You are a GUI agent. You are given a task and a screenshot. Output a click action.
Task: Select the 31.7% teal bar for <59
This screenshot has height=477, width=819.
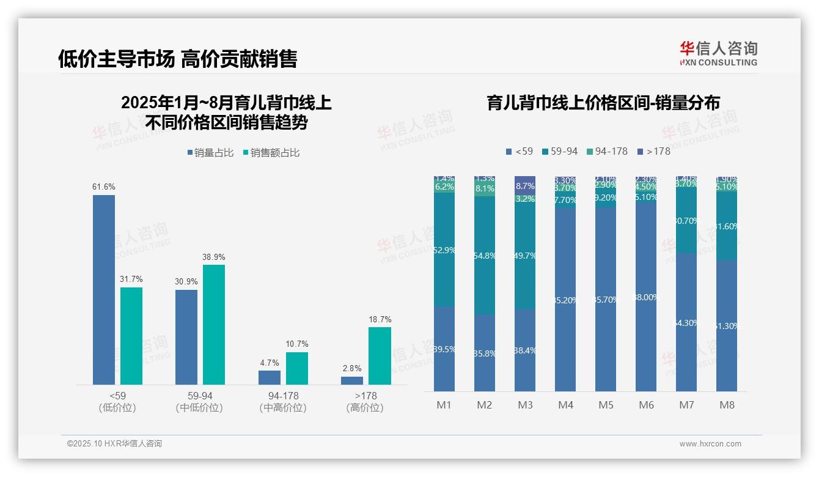pos(131,336)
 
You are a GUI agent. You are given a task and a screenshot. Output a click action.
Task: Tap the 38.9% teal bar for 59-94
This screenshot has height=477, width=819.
pos(214,324)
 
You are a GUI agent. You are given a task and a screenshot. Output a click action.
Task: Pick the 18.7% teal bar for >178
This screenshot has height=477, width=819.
pos(380,355)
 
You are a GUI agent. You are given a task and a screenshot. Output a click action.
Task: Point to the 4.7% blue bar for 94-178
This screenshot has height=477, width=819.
pos(270,377)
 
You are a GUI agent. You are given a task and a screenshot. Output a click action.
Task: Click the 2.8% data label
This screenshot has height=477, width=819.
pos(352,369)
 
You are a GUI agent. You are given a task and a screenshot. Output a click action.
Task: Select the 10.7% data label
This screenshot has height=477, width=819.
pos(297,344)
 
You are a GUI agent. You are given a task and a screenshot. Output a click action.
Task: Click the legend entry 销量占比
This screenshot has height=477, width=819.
pos(211,153)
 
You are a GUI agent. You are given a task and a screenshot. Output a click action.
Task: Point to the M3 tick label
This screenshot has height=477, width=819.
pos(525,405)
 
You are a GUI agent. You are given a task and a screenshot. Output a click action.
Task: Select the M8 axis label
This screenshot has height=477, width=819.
pos(727,405)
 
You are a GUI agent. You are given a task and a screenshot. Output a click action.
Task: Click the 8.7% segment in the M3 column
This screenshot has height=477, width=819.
pos(525,185)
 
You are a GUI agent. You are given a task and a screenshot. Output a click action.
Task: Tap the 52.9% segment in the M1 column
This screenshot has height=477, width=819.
pos(444,250)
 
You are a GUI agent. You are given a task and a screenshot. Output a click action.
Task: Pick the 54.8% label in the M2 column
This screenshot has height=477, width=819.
pos(485,256)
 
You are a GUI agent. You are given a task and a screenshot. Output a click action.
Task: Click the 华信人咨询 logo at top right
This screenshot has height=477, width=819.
pos(718,53)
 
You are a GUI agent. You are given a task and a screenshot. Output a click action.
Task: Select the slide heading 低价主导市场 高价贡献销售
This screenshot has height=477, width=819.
pos(177,59)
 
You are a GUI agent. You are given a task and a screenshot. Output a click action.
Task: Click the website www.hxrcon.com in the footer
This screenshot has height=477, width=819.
pos(710,444)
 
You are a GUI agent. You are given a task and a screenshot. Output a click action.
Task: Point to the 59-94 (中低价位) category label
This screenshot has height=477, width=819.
pos(199,402)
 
